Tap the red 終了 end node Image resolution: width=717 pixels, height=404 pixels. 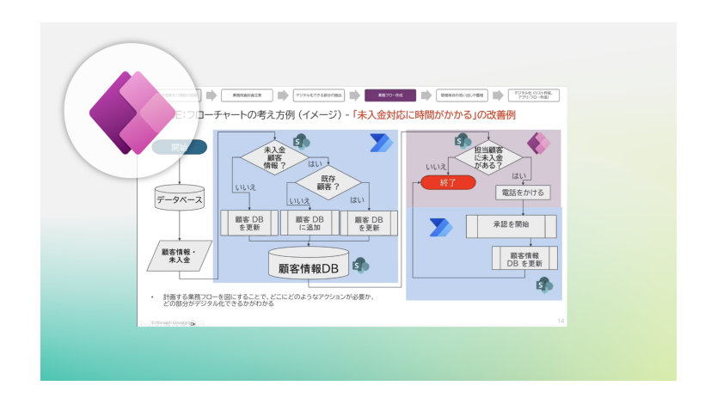[x=447, y=182]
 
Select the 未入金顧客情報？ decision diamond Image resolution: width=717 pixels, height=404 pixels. [x=273, y=156]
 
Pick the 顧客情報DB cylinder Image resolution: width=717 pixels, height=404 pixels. [x=309, y=266]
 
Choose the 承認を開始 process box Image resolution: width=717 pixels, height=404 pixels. [x=511, y=225]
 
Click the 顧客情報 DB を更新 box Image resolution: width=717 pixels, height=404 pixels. [x=524, y=259]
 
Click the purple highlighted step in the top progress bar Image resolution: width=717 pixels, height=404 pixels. [x=390, y=95]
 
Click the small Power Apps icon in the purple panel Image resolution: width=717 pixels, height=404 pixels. [x=539, y=143]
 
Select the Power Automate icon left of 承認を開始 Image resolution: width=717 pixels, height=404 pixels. [x=441, y=227]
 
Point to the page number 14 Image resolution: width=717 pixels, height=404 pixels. [x=561, y=320]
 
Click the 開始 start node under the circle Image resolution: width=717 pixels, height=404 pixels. [x=180, y=147]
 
